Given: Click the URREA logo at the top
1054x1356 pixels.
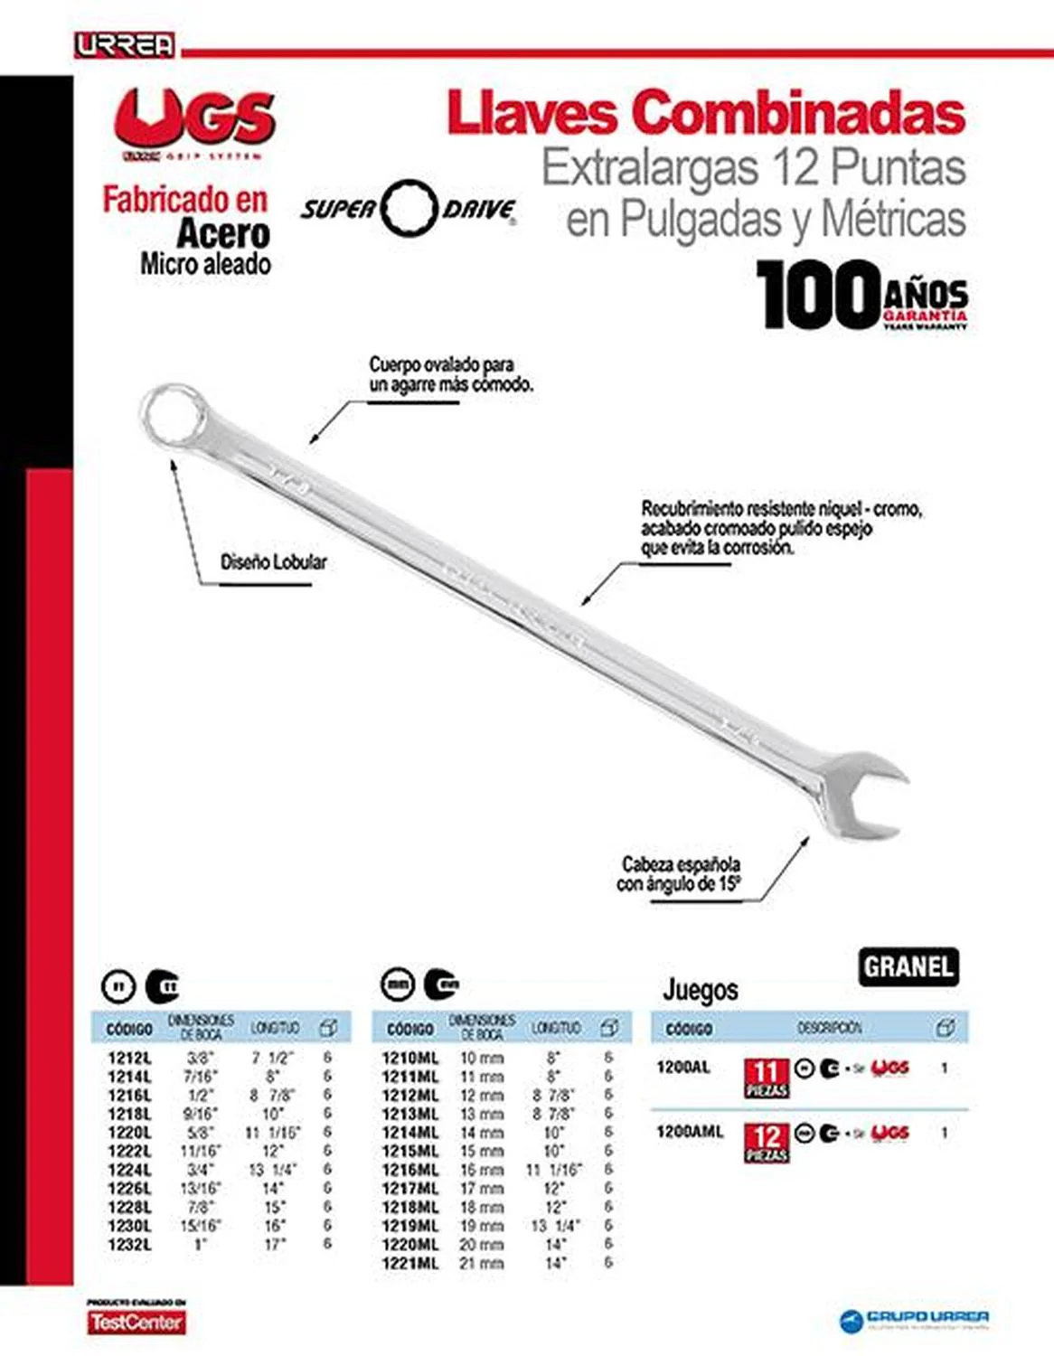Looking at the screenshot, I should click(125, 45).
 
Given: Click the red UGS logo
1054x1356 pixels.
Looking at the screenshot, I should click(194, 118).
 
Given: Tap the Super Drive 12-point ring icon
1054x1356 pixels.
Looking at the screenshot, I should click(409, 208).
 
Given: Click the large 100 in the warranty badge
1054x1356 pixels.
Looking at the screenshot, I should click(817, 295).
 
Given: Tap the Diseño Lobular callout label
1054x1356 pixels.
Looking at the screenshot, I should click(273, 562).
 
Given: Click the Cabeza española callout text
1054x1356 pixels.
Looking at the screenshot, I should click(680, 874).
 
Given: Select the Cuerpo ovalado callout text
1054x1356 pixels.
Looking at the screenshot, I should click(450, 374).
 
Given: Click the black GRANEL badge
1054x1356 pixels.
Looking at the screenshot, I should click(908, 966).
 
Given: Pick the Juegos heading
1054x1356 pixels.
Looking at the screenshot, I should click(700, 990).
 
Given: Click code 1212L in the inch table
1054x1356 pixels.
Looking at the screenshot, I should click(129, 1057).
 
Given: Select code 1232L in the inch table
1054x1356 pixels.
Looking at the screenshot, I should click(129, 1245).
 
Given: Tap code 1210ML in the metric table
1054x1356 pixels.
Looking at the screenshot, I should click(409, 1058).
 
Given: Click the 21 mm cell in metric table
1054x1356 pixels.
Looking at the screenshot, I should click(481, 1263).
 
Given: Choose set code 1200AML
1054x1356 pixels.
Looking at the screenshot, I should click(690, 1132).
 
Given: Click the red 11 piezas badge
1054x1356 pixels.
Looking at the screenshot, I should click(766, 1078).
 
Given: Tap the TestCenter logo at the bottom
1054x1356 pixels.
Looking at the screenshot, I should click(136, 1323).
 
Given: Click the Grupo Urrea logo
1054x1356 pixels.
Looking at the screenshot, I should click(915, 1319).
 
